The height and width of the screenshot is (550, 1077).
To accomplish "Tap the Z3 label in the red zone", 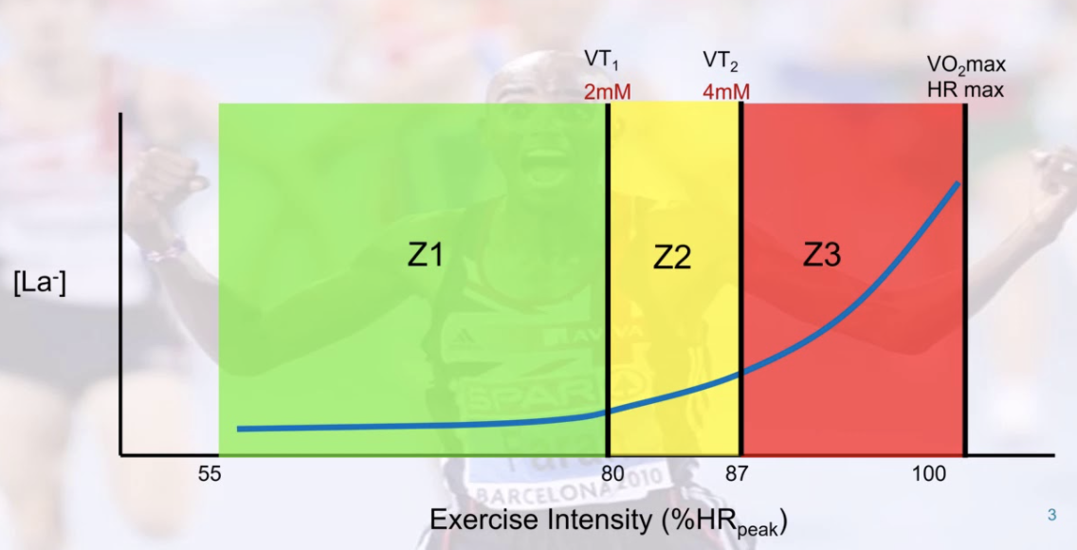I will click(x=822, y=254).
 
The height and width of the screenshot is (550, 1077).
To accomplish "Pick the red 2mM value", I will click(x=608, y=92).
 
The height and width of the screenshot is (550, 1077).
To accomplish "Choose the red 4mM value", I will click(x=725, y=92).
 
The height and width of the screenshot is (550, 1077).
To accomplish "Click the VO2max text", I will click(x=966, y=65).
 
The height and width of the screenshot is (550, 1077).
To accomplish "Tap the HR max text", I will click(x=966, y=91).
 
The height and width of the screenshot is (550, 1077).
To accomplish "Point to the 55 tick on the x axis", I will click(x=210, y=473).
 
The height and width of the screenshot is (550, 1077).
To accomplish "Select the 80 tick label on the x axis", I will click(x=612, y=473).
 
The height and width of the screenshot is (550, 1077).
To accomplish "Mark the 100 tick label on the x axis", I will click(x=929, y=473).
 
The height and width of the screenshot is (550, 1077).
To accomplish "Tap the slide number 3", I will click(x=1051, y=516).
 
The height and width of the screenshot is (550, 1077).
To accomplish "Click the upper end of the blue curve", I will click(x=958, y=184).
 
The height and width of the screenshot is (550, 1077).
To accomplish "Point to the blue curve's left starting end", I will click(x=240, y=429).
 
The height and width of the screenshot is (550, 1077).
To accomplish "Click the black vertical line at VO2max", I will click(x=965, y=284).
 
